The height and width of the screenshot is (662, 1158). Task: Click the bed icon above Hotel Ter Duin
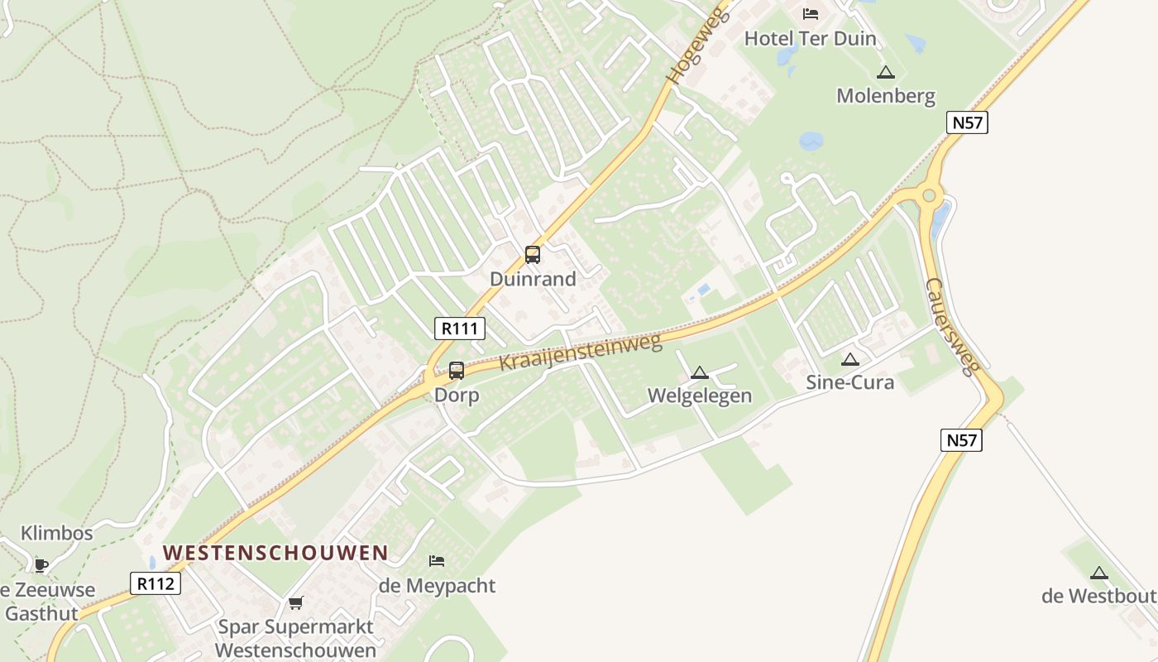coord(811,13)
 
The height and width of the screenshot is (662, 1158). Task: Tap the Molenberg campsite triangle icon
coord(886,73)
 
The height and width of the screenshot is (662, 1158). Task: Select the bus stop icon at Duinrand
coord(533,255)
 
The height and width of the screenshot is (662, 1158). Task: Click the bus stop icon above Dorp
coord(457,371)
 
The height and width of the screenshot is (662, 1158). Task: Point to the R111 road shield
coord(460,329)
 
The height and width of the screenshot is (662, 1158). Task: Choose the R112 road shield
coord(156,583)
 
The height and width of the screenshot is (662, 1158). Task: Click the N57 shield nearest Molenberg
coord(968,123)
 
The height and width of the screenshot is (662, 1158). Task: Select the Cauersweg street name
coord(951,326)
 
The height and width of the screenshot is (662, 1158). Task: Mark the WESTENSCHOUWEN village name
coord(275,553)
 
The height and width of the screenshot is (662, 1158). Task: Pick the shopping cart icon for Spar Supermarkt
coord(295,602)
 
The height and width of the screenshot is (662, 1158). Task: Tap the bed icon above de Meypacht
coord(437,561)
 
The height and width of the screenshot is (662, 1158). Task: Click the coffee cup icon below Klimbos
coord(41,566)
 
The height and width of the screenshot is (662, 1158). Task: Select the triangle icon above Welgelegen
coord(700,373)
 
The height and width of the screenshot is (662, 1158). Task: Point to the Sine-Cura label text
coord(849,383)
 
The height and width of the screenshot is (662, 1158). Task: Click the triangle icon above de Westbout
coord(1098,573)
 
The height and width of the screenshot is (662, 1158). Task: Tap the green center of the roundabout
coord(929,196)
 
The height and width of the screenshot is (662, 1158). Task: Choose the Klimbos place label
coord(57,533)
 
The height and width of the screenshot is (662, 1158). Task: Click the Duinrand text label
coord(533,279)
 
